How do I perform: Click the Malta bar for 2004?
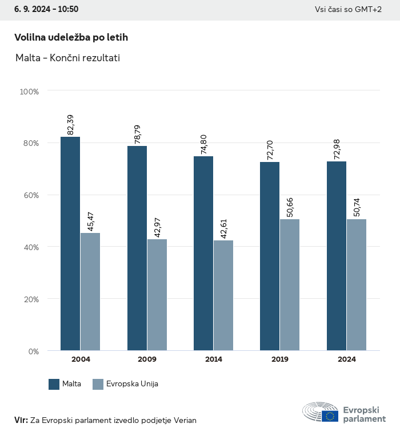[x=70, y=243]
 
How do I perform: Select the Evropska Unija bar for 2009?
[x=157, y=295]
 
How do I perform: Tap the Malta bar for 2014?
[x=203, y=253]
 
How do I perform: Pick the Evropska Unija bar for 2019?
[x=290, y=284]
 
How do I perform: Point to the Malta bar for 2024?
[x=337, y=256]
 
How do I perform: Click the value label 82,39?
[x=71, y=125]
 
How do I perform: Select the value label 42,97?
[x=157, y=226]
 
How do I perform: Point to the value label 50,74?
[x=357, y=207]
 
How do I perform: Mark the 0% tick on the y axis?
[x=33, y=351]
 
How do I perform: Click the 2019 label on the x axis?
[x=280, y=359]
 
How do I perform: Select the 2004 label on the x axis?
[x=81, y=359]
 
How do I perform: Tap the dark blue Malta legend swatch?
[x=54, y=384]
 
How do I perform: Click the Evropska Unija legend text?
[x=133, y=384]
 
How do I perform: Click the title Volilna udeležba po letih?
[x=71, y=37]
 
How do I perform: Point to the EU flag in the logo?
[x=330, y=416]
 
